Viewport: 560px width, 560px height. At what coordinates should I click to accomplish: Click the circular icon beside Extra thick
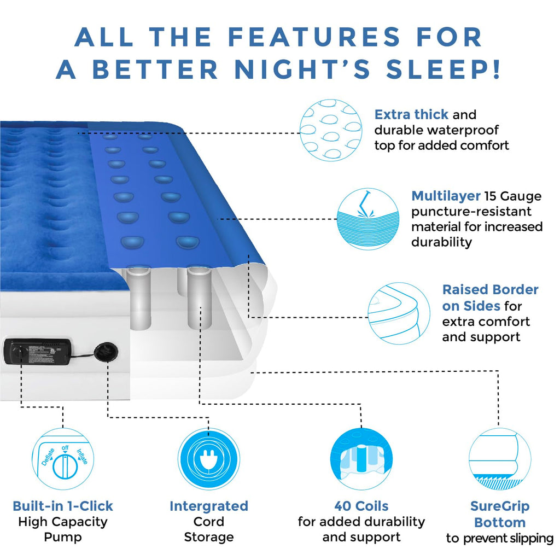[331, 130]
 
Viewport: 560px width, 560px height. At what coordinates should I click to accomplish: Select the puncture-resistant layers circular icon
[367, 219]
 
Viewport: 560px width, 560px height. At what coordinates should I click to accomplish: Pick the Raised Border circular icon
[399, 313]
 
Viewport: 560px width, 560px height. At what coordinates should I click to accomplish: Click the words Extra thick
[411, 115]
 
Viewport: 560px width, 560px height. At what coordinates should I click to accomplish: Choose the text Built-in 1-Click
[63, 506]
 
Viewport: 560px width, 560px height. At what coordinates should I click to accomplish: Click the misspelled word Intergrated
[209, 506]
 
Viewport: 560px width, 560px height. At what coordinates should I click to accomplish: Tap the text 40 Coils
[361, 506]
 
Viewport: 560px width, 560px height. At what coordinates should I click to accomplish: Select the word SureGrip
[500, 506]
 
